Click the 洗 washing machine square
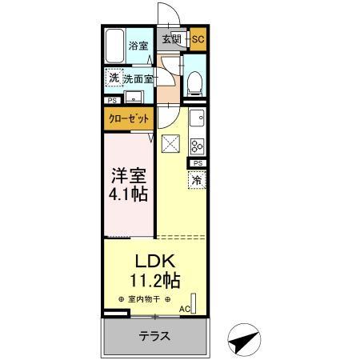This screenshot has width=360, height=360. click(114, 78)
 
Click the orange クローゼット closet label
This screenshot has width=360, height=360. click(128, 119)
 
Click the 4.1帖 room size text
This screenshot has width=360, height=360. click(127, 194)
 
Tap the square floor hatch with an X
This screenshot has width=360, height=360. click(171, 144)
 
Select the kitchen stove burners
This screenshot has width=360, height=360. click(197, 146)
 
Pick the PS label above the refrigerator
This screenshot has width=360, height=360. click(197, 163)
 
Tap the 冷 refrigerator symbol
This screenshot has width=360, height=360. click(197, 181)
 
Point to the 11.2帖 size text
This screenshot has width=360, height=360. click(154, 281)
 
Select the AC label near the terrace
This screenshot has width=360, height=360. click(184, 308)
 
